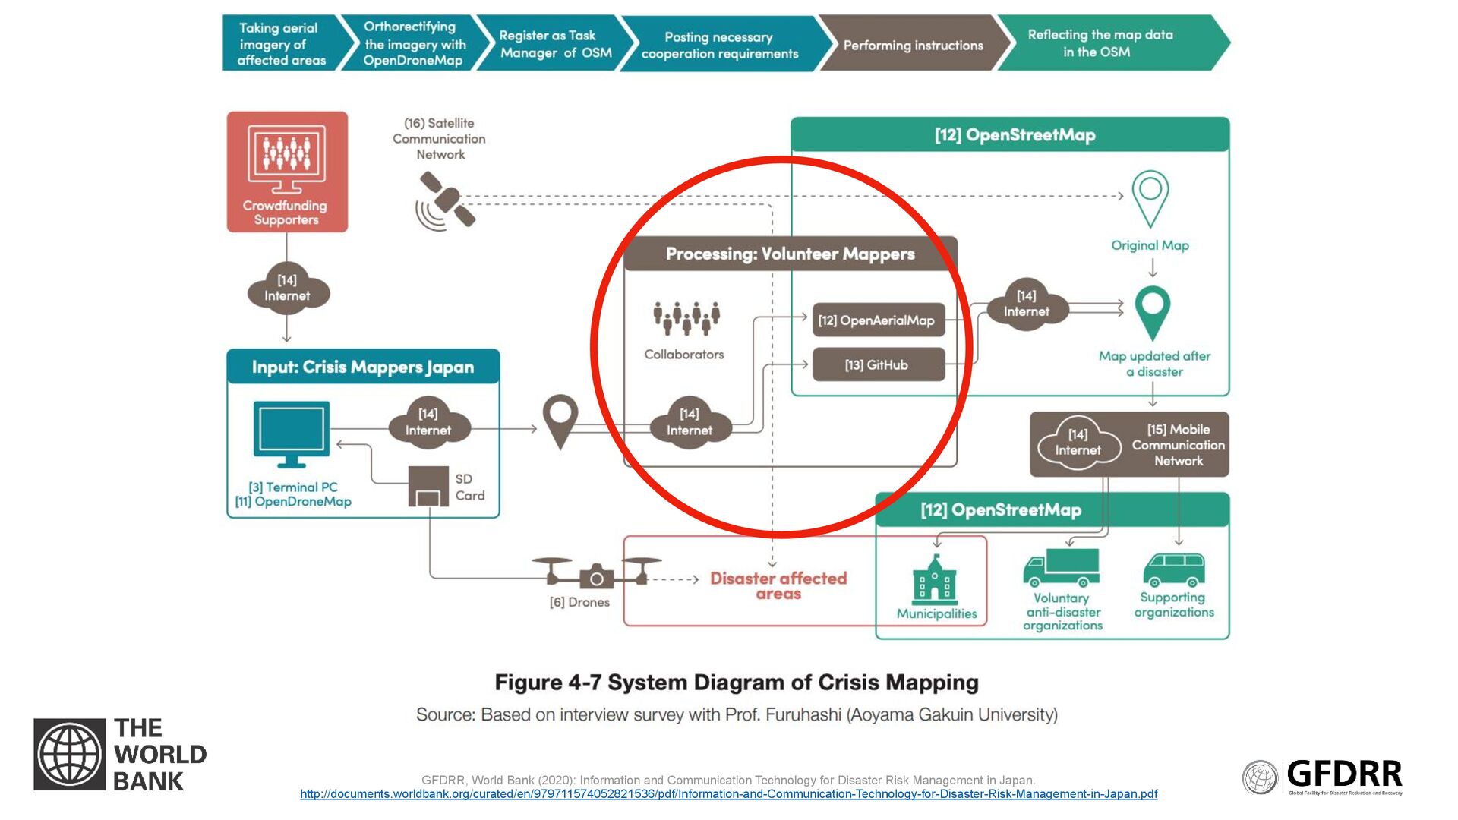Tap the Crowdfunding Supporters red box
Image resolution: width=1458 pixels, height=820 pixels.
pos(287,172)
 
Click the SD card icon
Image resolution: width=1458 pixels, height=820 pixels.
pos(428,487)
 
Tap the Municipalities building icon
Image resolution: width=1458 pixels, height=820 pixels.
pos(934,580)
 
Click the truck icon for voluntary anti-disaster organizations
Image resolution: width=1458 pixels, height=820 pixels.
pos(1061,568)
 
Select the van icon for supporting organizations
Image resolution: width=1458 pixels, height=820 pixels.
pos(1173,570)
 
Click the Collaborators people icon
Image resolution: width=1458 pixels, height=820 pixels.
pos(686,318)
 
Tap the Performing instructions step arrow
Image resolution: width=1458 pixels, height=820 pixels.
pos(913,45)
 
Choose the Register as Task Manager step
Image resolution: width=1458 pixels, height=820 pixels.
pos(555,44)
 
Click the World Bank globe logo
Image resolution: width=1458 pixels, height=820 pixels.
pos(69,754)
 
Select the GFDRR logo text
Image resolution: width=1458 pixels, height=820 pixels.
pos(1344,774)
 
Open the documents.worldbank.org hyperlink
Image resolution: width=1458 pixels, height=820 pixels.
pos(728,794)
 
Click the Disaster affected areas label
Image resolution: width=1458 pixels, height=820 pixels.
pos(778,585)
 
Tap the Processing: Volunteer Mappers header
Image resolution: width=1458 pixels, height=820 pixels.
pos(790,254)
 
